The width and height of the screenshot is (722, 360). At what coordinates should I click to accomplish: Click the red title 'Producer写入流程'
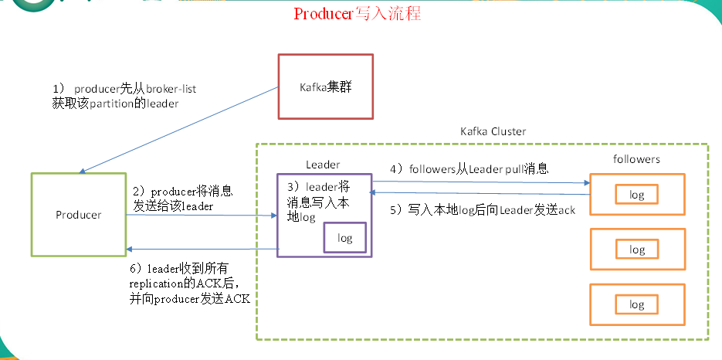[357, 14]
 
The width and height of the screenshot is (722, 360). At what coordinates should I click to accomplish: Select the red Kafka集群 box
[325, 87]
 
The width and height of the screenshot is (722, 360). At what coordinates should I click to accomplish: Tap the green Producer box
[78, 214]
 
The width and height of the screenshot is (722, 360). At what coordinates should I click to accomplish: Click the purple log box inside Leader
[345, 238]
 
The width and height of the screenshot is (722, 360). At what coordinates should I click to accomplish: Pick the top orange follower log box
[637, 195]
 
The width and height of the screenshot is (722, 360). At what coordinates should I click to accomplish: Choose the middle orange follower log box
[637, 250]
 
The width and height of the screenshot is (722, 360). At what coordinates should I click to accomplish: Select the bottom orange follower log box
[637, 304]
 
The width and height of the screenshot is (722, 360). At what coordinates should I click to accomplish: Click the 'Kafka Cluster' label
[493, 132]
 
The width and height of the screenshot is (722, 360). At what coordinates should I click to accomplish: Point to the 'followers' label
[636, 159]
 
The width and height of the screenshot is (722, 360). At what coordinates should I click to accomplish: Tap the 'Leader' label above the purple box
[323, 165]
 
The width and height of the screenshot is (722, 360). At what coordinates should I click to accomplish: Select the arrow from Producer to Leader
[202, 215]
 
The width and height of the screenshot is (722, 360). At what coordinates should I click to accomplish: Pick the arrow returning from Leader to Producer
[202, 249]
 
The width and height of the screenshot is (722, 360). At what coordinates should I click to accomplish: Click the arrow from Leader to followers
[481, 182]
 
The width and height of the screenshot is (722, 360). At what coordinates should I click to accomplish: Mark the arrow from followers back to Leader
[481, 194]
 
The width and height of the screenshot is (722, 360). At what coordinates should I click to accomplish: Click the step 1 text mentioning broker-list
[124, 97]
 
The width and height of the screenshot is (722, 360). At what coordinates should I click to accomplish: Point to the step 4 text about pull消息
[469, 169]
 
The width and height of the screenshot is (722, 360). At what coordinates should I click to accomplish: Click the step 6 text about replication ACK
[190, 284]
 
